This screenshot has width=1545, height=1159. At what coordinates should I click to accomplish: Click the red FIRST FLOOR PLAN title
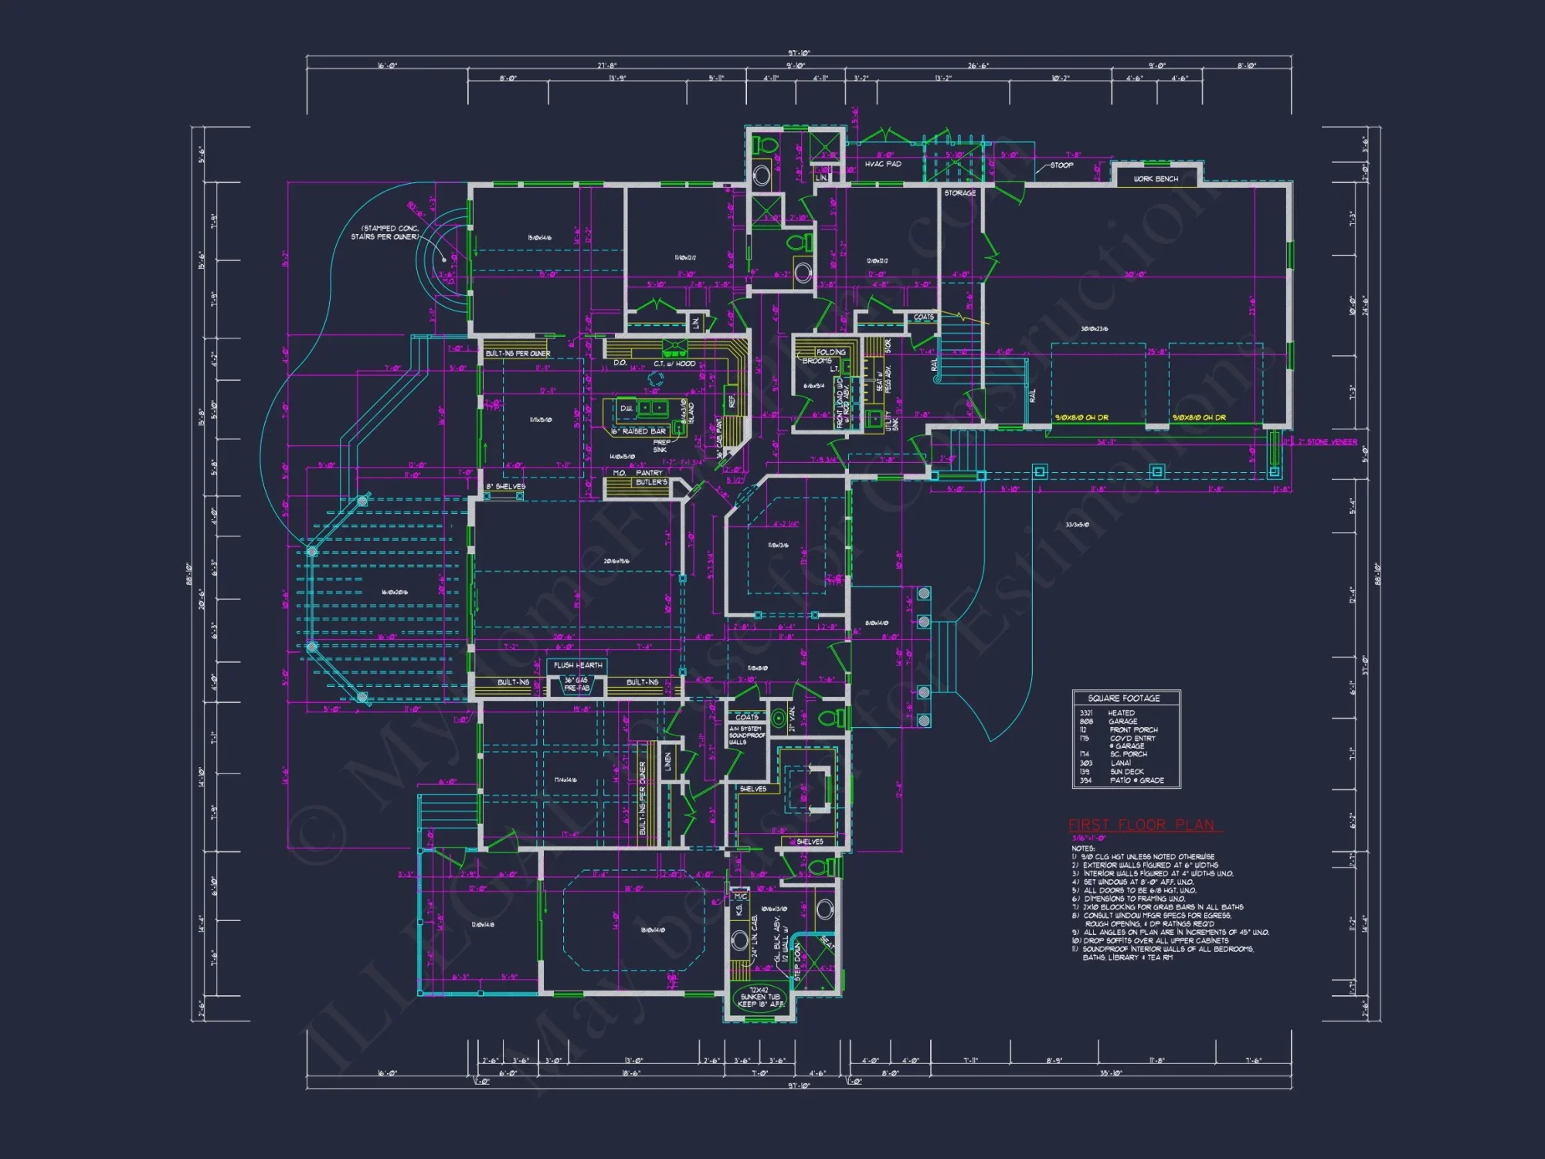pos(1142,824)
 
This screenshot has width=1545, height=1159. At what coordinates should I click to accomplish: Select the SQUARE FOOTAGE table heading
pos(1124,698)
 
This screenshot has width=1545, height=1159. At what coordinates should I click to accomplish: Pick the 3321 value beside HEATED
pos(1086,712)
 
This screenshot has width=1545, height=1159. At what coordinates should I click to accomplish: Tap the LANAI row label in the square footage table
pos(1120,763)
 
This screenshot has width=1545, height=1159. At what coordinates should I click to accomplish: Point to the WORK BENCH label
pos(1156,178)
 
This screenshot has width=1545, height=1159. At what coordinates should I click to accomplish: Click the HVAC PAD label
pos(883,164)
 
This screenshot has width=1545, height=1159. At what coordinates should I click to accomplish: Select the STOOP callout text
pos(1061,165)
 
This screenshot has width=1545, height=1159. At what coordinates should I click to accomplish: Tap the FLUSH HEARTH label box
pos(579,664)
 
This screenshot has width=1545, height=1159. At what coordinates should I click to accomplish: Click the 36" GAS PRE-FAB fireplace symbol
pos(576,685)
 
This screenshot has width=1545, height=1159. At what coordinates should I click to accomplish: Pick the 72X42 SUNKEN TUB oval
pos(759,997)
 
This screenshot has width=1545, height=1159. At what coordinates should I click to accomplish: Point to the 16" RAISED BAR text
pos(639,431)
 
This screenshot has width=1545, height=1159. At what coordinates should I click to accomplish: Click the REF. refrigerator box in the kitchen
pos(731,400)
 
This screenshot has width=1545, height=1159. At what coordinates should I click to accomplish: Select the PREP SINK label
pos(661,446)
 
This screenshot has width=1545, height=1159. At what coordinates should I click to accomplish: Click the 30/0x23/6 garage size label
pos(1094,329)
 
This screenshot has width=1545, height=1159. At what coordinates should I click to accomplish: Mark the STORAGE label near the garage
pos(959,193)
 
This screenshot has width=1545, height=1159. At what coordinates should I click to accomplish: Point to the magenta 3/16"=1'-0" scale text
pos(1088,838)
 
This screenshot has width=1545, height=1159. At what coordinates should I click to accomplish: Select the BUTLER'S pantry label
pos(650,482)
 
